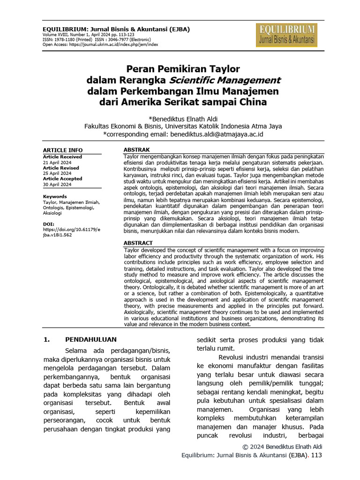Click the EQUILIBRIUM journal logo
point(286,36)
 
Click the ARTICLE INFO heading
point(63,150)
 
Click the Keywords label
point(55,196)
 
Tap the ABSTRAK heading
point(136,150)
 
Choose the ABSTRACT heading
point(138,243)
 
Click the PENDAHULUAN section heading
point(90,339)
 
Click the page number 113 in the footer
point(316,455)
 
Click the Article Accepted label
point(62,179)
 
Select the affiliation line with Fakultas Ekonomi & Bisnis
point(183,126)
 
